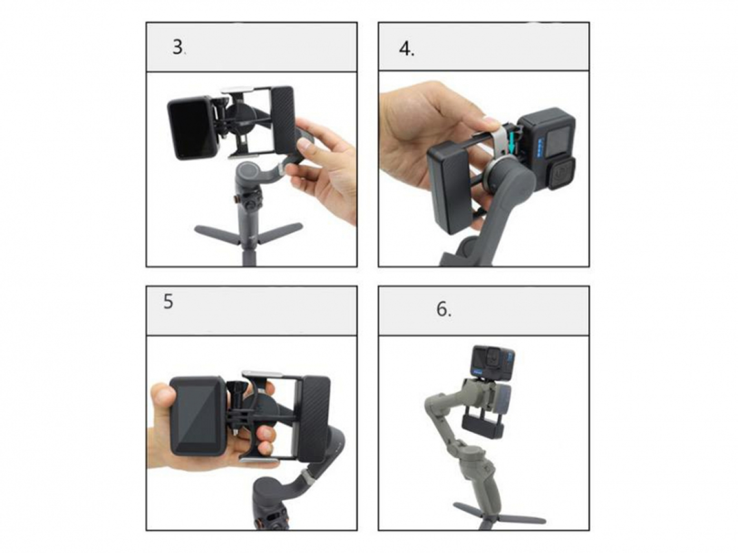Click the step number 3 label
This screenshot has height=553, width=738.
click(x=178, y=47)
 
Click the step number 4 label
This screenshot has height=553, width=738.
click(x=406, y=49)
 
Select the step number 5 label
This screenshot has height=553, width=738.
click(x=168, y=302)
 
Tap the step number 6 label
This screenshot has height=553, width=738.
click(x=443, y=309)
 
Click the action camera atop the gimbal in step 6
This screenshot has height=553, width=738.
click(x=493, y=362)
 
